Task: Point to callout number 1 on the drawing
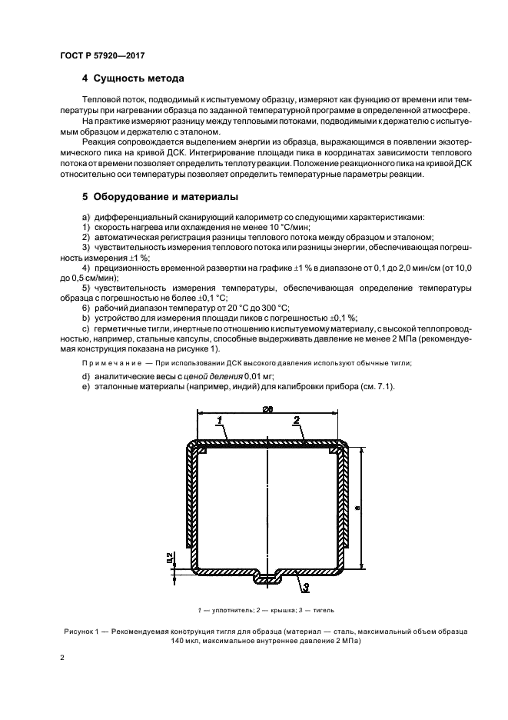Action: [219, 420]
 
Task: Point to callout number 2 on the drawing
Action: [296, 420]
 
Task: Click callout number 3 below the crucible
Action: [305, 588]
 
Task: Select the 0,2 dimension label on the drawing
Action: [169, 558]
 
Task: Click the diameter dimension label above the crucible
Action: [268, 408]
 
